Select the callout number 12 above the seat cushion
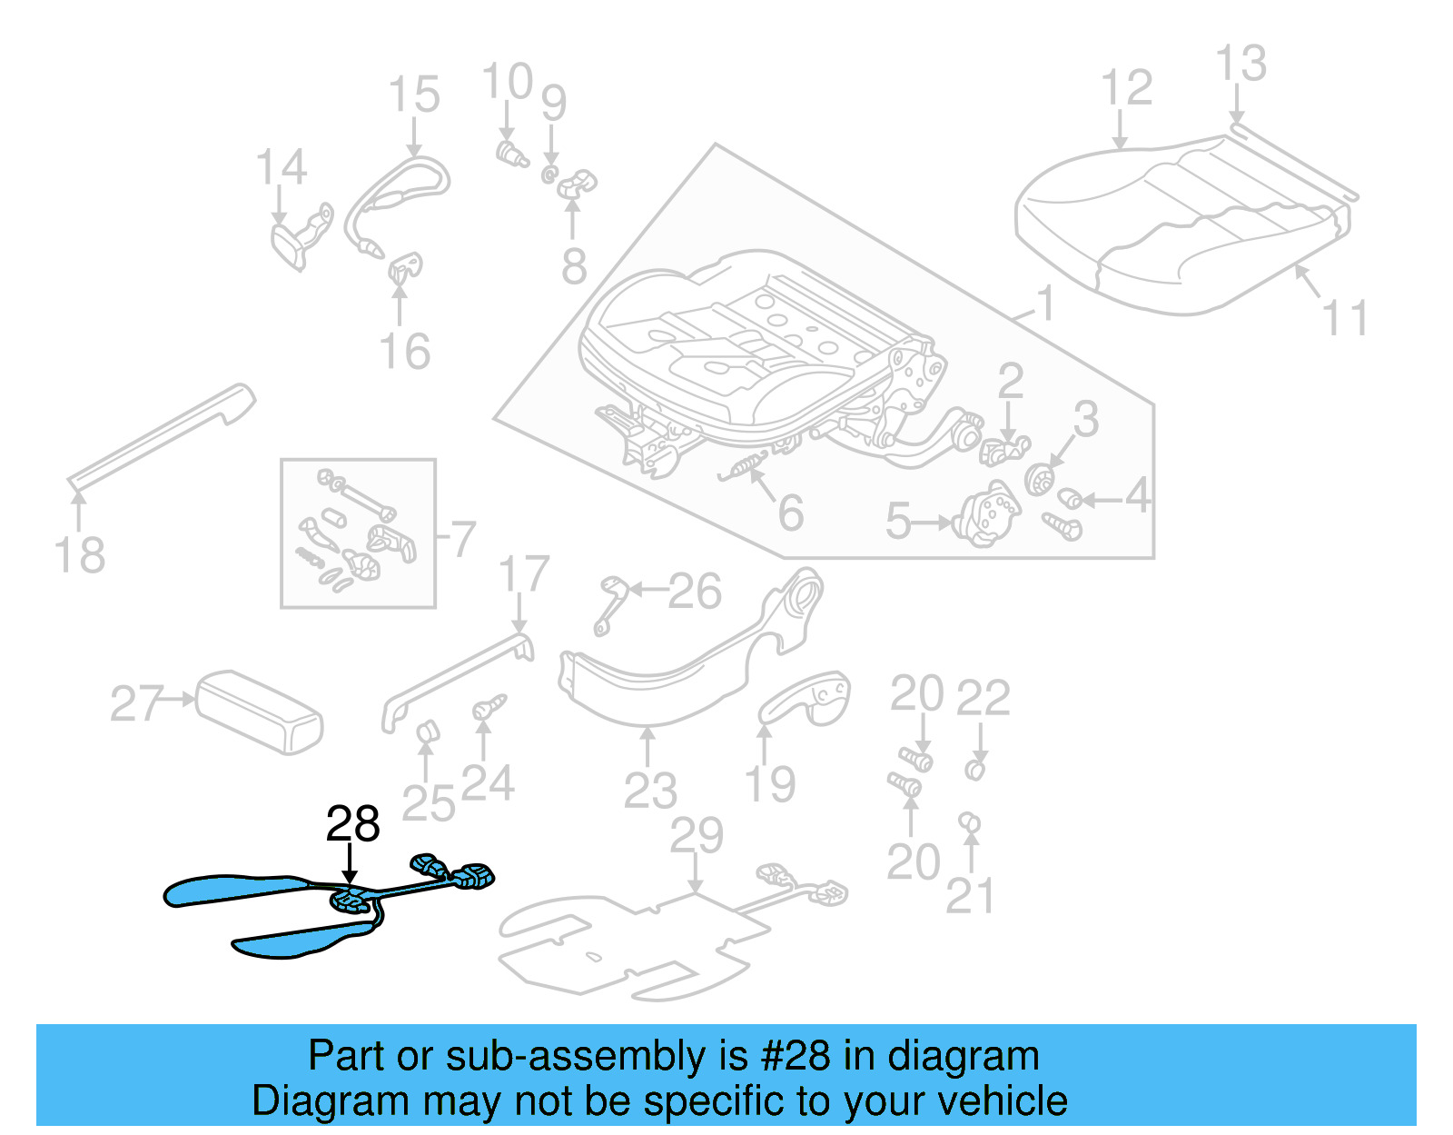(x=1126, y=88)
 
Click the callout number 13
(x=1240, y=64)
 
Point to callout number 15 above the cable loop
(x=414, y=95)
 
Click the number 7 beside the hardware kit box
(x=463, y=539)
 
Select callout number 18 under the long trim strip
(x=80, y=554)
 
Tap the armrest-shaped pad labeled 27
(x=260, y=712)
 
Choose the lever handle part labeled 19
(x=806, y=701)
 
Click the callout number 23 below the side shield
(x=650, y=790)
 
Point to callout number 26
(x=695, y=592)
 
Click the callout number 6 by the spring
(x=791, y=513)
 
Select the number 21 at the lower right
(x=970, y=896)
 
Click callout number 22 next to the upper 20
(x=983, y=697)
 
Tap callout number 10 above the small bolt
(x=508, y=82)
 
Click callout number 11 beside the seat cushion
(x=1345, y=318)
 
